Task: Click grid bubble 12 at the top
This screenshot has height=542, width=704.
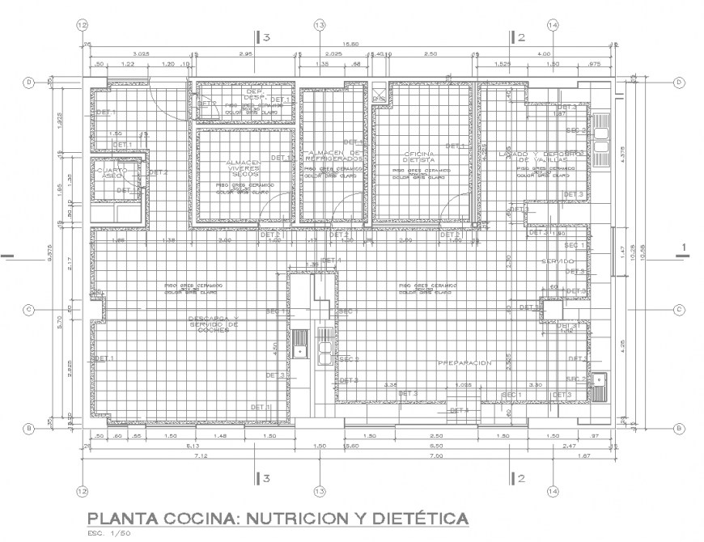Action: click(x=81, y=25)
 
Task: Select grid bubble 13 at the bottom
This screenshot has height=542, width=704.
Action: click(x=319, y=491)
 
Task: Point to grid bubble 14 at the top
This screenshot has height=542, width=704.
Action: click(x=553, y=25)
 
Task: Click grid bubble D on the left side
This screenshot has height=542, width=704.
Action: click(x=28, y=82)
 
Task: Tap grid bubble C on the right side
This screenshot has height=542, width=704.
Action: click(x=679, y=309)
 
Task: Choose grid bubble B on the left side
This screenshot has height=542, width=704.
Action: click(x=28, y=428)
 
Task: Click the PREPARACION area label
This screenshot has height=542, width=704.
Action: click(x=464, y=363)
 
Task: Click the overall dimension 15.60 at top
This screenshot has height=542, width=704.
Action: click(x=350, y=44)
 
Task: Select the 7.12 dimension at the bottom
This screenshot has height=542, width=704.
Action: click(x=199, y=455)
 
